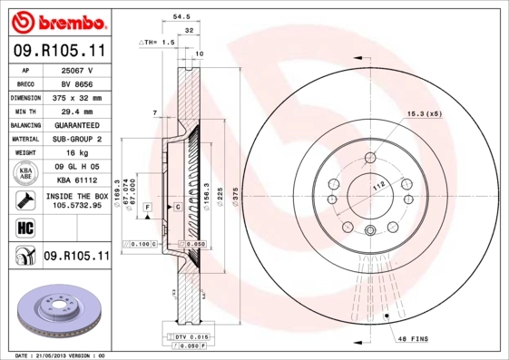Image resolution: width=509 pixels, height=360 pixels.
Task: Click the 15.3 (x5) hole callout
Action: click(424, 113)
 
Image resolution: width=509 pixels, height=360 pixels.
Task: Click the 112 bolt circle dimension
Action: click(376, 186)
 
